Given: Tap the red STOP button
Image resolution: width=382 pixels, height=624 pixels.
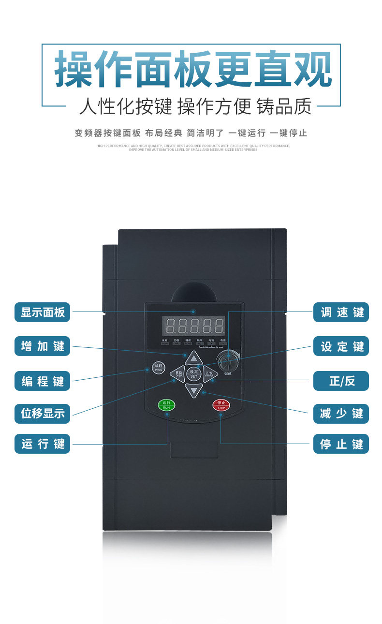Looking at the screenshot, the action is (221, 405).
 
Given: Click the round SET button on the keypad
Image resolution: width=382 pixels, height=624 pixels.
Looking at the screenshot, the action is (193, 373).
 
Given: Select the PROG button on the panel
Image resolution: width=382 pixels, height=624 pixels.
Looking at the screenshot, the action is (158, 367).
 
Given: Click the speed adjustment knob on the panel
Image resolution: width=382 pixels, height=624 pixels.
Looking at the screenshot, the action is (225, 361).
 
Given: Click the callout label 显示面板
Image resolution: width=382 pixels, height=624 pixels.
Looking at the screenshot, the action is (43, 312).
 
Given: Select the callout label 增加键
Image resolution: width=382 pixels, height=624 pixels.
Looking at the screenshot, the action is (43, 346).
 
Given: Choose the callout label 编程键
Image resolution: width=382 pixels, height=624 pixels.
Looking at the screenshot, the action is (43, 381).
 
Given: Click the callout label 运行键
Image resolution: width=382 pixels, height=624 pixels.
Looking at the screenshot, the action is (43, 444).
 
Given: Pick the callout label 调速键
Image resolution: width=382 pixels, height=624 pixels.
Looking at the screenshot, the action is (341, 312).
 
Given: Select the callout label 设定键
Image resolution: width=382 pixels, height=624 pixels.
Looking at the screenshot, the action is (341, 346).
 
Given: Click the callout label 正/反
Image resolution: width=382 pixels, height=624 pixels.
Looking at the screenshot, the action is (341, 381).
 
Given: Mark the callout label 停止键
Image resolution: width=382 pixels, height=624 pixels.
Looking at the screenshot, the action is (341, 444).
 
